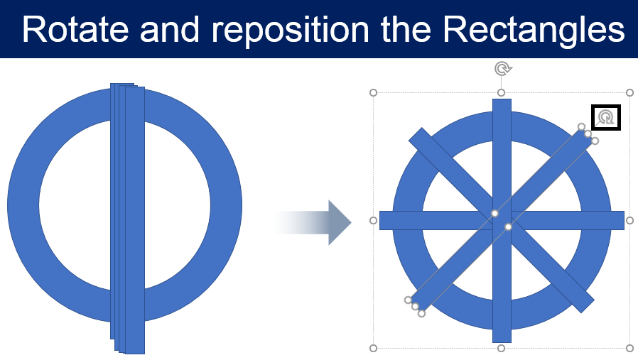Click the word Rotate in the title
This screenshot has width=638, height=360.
coord(75,29)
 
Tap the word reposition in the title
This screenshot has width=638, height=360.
coord(291,31)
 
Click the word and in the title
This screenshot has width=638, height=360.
coord(170,29)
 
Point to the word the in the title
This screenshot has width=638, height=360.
coord(406,29)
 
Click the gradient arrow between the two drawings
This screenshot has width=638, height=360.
coord(313,222)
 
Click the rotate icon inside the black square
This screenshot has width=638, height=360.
coord(606,118)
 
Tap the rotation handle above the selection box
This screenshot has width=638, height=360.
coord(503,69)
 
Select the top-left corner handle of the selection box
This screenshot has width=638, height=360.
coord(373,93)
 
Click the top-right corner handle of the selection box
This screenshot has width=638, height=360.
coord(630,93)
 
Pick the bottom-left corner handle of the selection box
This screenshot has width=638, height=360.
coord(373,348)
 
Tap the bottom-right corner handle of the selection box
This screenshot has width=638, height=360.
coord(630,348)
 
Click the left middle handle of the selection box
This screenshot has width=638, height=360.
coord(373,221)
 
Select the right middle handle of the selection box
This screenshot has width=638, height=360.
coord(630,221)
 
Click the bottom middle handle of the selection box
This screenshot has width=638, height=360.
coord(502,348)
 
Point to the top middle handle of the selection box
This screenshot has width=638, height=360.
coord(502,93)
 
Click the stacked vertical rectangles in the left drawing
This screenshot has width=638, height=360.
coord(127,219)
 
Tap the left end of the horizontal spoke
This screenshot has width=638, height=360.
coord(380,221)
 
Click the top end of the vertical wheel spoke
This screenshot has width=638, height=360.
coord(502,99)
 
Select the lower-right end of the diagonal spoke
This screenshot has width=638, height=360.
coord(588,307)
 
